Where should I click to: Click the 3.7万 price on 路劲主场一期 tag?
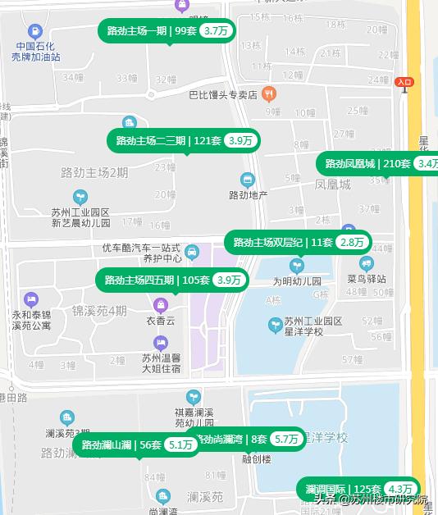tap(216, 31)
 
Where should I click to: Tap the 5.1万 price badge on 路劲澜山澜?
tap(180, 445)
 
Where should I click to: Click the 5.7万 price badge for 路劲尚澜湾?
tap(286, 440)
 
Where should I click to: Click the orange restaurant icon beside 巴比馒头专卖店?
tap(268, 94)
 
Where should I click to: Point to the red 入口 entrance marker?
tap(404, 82)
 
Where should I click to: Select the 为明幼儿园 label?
tap(296, 280)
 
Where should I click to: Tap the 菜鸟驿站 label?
tap(366, 279)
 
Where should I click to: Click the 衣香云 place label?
tap(160, 321)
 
